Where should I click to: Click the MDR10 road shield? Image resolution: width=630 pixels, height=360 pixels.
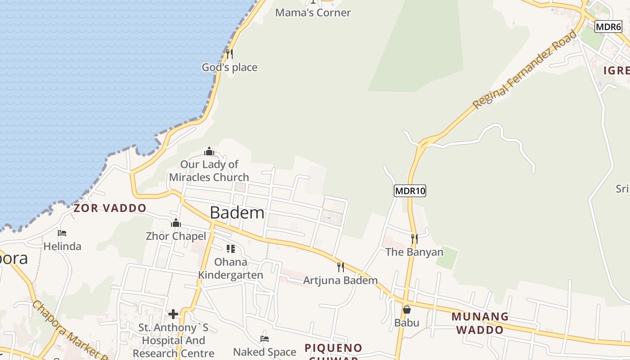pos(409,191)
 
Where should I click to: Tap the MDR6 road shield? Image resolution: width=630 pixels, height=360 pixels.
pos(608,27)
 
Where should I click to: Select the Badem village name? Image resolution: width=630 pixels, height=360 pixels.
pos(237,212)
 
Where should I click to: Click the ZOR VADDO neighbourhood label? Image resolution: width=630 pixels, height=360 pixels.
pos(110,208)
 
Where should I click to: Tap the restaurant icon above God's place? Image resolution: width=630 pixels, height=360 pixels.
pos(229,54)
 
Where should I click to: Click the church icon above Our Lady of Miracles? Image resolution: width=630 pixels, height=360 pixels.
pos(209,151)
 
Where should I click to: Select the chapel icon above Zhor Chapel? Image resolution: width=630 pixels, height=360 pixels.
pos(176,223)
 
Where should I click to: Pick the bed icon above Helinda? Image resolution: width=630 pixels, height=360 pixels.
pos(62,233)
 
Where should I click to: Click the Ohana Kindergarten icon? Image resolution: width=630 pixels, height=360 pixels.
pos(231,248)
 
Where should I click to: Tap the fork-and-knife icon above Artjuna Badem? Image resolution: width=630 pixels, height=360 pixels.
pos(341,267)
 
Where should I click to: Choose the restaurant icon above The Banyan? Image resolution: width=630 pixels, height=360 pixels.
pos(414,238)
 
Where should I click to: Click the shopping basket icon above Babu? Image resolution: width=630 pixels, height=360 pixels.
pos(407,310)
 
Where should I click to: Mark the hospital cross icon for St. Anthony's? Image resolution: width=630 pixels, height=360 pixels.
pos(173,314)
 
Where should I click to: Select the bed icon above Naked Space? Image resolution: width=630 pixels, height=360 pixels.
pos(265,338)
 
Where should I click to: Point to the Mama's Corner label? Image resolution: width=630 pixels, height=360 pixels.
pos(313,13)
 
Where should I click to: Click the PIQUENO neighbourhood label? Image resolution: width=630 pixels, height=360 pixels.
pos(333,348)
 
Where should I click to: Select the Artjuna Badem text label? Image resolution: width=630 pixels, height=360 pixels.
pos(340,281)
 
